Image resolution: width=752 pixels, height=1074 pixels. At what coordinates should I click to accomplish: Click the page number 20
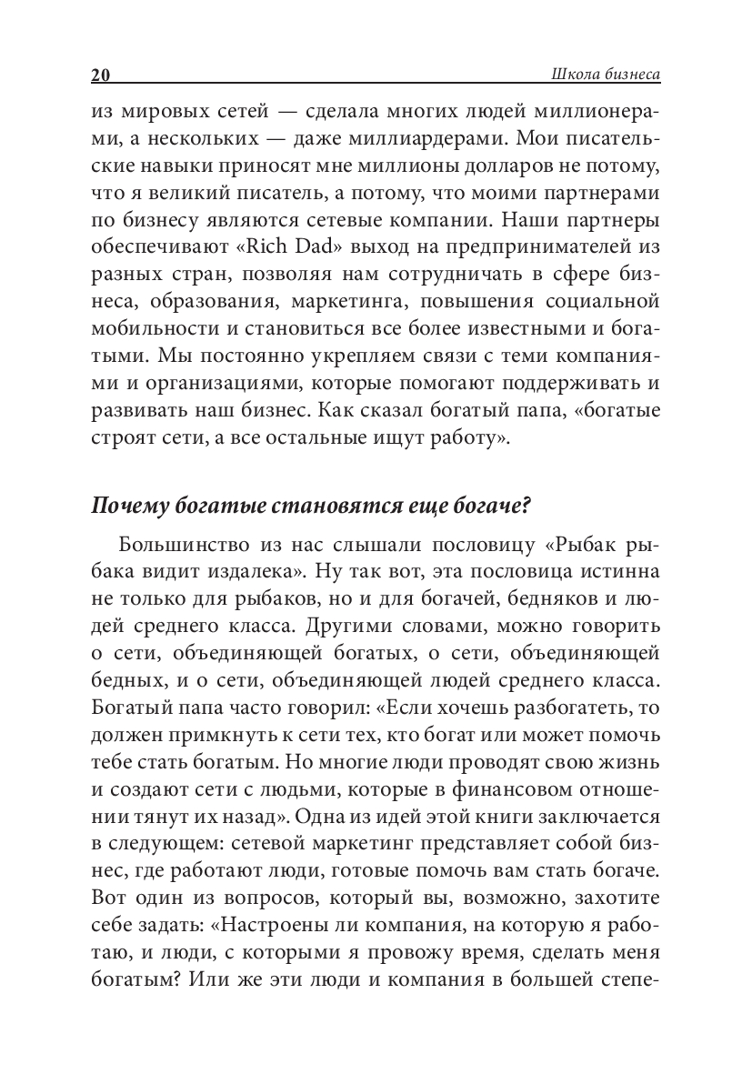click(x=100, y=75)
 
